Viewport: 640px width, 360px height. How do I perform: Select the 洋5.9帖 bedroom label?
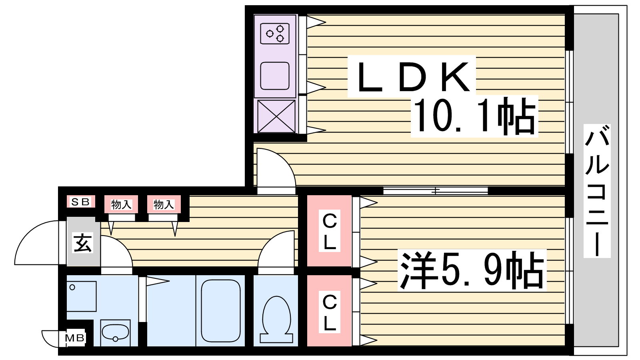coord(472,270)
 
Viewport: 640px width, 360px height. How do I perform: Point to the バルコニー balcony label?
coord(597,190)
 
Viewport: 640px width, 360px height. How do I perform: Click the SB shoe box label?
coord(80,202)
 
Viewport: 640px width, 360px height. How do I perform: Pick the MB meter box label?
coord(74,338)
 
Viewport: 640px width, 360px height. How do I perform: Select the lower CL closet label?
coord(330,312)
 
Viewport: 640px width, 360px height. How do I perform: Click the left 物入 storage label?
coord(121,204)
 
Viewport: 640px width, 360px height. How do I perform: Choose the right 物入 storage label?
coord(164,204)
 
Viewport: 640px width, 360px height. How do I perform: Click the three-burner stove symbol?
coord(275,34)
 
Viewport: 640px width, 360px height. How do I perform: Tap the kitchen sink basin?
coord(275,76)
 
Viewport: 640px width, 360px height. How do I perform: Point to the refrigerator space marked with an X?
coord(276,116)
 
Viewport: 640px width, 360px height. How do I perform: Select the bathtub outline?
coord(220,310)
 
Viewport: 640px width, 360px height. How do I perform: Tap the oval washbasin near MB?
coord(116,332)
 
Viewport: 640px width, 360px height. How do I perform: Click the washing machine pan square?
coord(82,296)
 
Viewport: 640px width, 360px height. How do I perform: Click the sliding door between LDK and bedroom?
coord(436,190)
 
